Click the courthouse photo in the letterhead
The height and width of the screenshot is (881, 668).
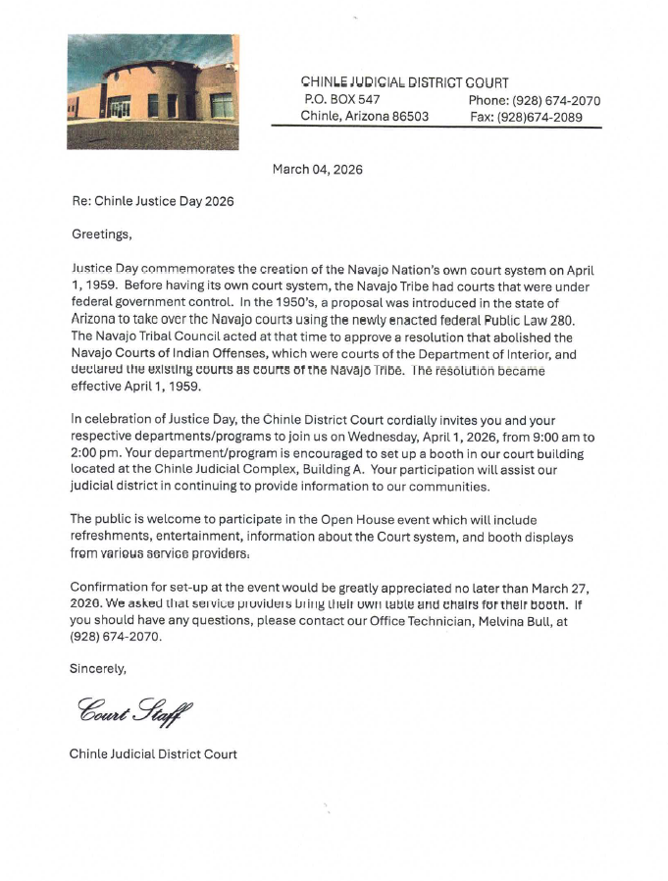point(152,91)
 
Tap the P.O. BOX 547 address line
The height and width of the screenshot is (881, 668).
point(340,100)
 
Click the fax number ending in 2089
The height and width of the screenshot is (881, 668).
point(547,118)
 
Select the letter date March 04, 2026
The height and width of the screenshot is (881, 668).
point(317,170)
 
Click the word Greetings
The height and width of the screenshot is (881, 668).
point(101,234)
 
